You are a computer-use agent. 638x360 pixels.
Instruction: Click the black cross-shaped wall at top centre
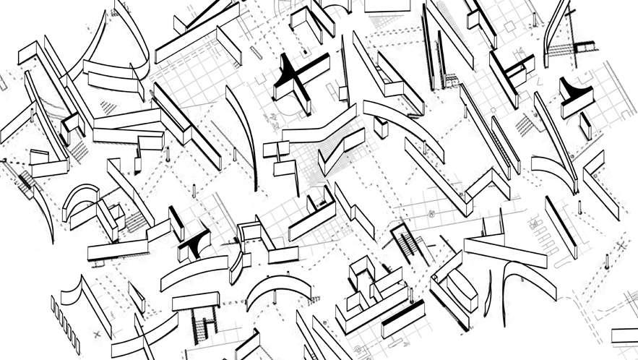(296, 75)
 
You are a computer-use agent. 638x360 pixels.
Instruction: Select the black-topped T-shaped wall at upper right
(577, 95)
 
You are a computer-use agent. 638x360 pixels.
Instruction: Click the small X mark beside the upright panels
(96, 334)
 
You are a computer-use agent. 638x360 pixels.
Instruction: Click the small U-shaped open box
(249, 232)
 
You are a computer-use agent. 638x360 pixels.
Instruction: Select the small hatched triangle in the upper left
(109, 106)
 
